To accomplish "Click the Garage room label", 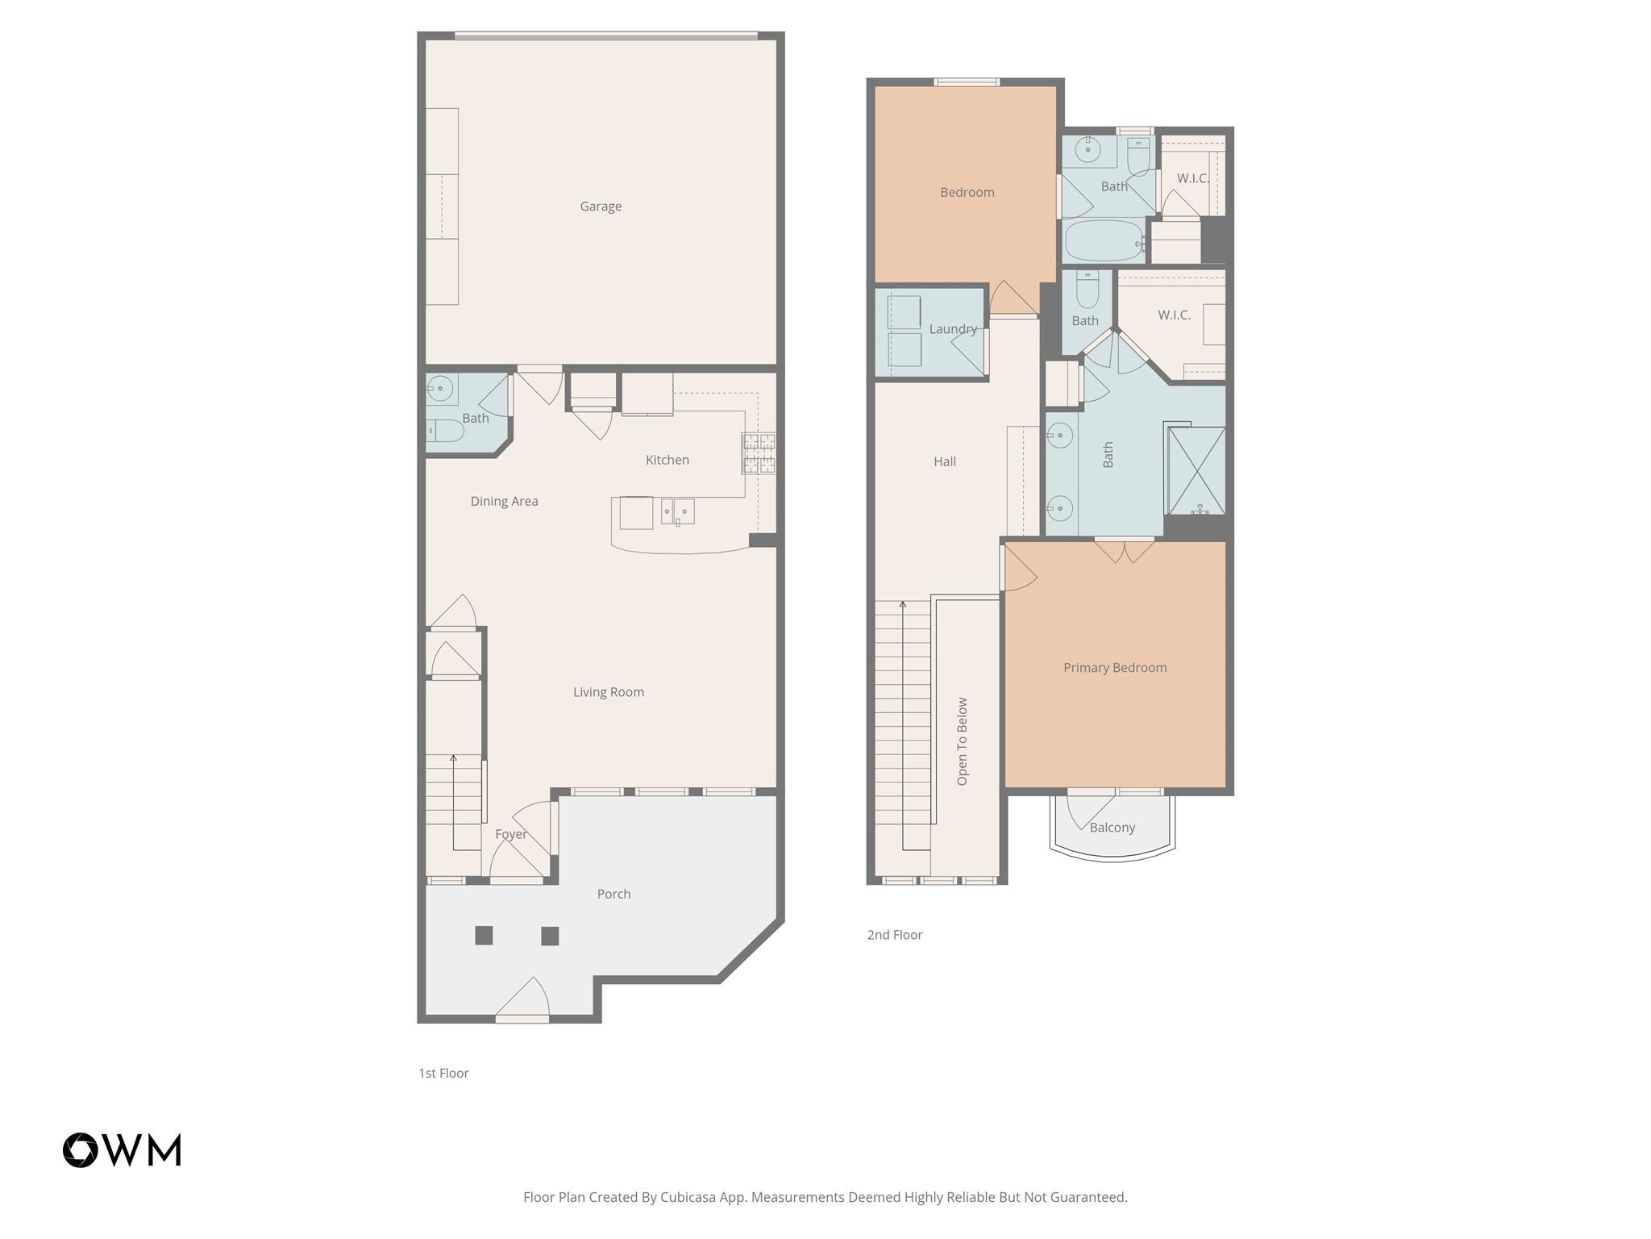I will tap(601, 206).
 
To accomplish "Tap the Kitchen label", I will tap(667, 460).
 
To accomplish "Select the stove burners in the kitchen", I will tap(759, 453).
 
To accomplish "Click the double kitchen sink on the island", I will tap(677, 511).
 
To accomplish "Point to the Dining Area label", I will tap(504, 501).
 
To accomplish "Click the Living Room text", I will tap(608, 692).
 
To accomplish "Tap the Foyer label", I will tap(510, 834).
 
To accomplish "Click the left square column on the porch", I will tap(484, 936).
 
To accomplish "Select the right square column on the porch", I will tap(550, 936).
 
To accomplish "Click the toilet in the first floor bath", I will tap(444, 432).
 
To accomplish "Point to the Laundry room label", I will tap(952, 329).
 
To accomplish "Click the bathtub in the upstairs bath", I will tap(1103, 240).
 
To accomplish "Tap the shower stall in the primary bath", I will tap(1196, 471).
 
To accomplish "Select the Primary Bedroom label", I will tap(1114, 668).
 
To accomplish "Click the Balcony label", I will tap(1112, 828).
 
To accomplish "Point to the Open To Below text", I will tap(962, 741).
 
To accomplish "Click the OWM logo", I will tap(122, 1149).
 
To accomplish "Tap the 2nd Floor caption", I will tap(894, 935).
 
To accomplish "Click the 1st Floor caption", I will tap(443, 1073).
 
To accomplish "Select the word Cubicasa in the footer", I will tap(689, 1197).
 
